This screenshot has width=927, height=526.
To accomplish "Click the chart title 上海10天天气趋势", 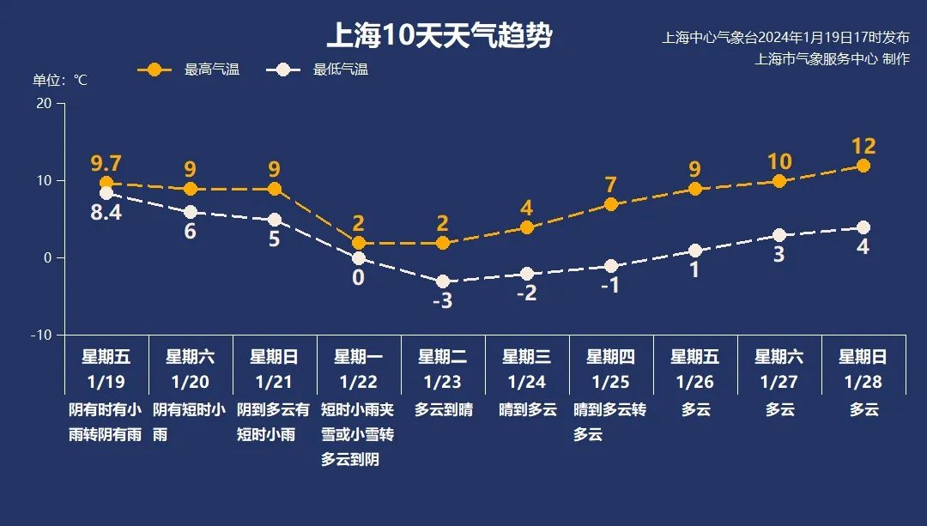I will click(439, 37).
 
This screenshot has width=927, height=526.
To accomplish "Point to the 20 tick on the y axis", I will click(43, 103).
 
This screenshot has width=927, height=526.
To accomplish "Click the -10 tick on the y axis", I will click(40, 335).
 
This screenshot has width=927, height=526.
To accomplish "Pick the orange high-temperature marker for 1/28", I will click(863, 166).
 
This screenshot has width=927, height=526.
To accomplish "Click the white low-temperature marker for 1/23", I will click(443, 281).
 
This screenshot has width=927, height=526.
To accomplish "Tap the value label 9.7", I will click(106, 162).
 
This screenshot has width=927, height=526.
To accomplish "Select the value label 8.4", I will click(106, 213).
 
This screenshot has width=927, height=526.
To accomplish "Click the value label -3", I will click(441, 301).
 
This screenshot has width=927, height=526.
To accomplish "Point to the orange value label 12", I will click(863, 146).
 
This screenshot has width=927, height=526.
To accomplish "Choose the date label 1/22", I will click(358, 380).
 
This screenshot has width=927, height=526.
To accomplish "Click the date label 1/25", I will click(610, 380).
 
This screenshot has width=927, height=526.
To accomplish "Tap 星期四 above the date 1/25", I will click(610, 356).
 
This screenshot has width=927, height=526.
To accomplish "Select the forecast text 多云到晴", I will click(443, 410).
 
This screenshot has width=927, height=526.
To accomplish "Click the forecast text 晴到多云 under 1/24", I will click(527, 410).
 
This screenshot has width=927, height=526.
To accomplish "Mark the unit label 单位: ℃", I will click(60, 80).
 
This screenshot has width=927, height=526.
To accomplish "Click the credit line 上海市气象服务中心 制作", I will click(832, 59).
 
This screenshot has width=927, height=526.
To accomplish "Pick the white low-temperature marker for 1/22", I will click(359, 258).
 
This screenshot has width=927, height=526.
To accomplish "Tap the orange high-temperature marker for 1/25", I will click(611, 204).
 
